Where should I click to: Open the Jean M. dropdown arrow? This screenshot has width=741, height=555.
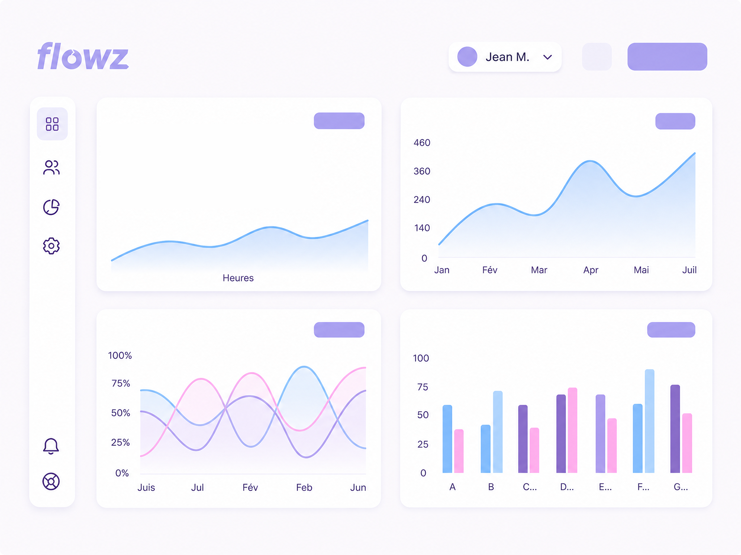click(x=547, y=57)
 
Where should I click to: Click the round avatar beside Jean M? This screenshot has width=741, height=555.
click(x=467, y=57)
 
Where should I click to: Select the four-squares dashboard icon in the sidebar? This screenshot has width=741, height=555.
click(x=52, y=124)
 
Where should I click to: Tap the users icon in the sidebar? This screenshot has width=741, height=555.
click(x=51, y=167)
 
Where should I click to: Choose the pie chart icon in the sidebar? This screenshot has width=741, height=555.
click(x=51, y=207)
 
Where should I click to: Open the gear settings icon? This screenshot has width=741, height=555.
click(x=51, y=246)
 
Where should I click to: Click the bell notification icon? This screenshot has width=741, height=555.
click(x=51, y=446)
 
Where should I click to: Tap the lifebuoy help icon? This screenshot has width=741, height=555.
click(x=51, y=481)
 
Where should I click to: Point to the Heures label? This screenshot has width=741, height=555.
click(x=238, y=278)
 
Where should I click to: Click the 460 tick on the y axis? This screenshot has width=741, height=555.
click(x=422, y=143)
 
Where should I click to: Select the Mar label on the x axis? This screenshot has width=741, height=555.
click(x=539, y=270)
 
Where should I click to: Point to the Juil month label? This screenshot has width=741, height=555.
click(x=689, y=270)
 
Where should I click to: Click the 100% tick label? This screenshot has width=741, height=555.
click(x=120, y=356)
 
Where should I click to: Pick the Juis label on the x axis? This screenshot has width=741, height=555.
click(x=146, y=487)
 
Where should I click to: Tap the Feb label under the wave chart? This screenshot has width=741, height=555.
click(x=304, y=487)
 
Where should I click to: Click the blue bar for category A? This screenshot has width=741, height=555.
click(x=447, y=439)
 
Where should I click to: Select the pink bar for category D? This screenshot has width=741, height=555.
click(x=572, y=430)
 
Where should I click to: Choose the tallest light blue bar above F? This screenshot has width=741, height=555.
click(x=649, y=421)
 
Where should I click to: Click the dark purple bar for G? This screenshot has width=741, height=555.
click(x=675, y=429)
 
